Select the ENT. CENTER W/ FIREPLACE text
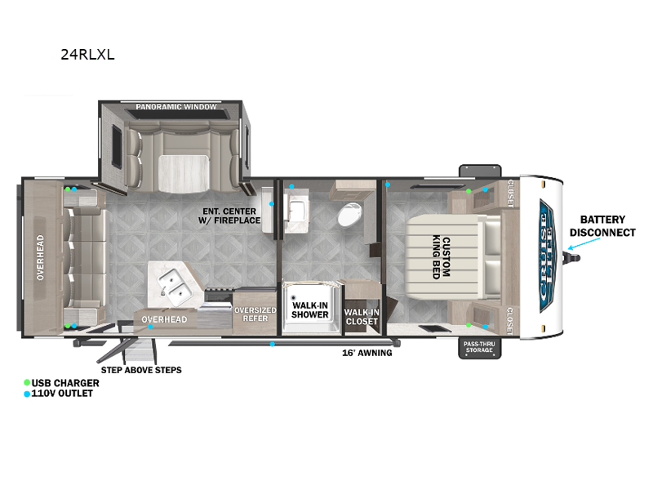[x=231, y=216]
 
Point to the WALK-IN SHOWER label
[x=309, y=310]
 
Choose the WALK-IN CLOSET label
[x=361, y=317]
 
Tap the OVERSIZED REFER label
[x=255, y=314]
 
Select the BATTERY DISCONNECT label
[x=602, y=225]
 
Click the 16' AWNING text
[x=366, y=353]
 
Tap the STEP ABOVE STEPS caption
[x=141, y=370]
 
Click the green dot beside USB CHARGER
[x=27, y=382]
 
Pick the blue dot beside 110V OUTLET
[x=27, y=394]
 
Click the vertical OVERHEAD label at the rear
[x=39, y=258]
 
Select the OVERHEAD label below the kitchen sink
[x=165, y=319]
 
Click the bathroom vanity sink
[x=296, y=199]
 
